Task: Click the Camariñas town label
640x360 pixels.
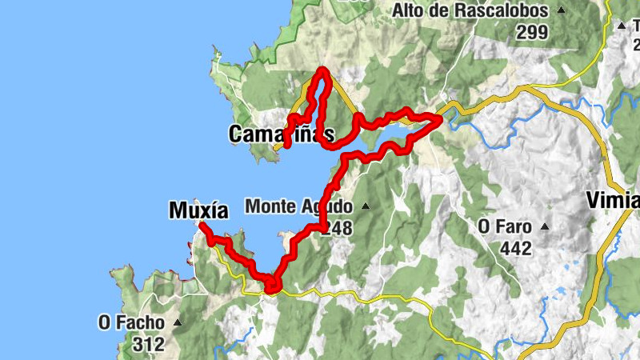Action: (280, 134)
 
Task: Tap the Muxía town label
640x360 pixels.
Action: (198, 210)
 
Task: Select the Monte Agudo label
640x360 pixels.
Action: (298, 206)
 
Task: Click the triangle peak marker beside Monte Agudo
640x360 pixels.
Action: (366, 206)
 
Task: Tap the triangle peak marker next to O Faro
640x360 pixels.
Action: (545, 226)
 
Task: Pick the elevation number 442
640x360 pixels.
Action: (515, 249)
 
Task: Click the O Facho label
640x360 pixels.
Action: (132, 322)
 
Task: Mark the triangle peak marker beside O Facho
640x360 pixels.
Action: (177, 322)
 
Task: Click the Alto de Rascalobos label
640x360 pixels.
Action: (470, 11)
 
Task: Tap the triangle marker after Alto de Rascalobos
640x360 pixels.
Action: (561, 11)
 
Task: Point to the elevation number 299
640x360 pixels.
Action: (531, 33)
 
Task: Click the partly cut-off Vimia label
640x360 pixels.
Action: (613, 199)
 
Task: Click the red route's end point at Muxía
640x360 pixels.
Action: (201, 227)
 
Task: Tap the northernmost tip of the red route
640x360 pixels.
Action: (323, 71)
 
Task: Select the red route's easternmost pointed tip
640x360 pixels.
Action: (440, 118)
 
